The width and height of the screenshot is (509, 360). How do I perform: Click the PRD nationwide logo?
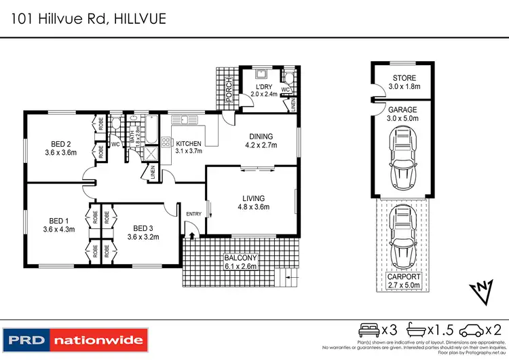coord(75,339)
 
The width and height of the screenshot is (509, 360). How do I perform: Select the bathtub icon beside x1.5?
coord(416,330)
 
